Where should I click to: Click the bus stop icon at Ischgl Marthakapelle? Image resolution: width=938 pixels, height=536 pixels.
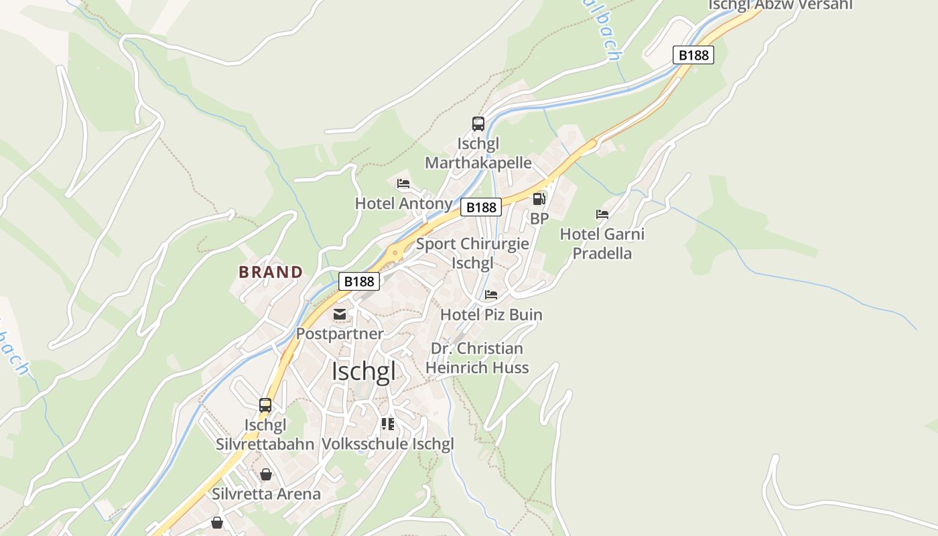478,124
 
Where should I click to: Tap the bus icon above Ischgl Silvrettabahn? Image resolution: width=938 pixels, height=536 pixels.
265,405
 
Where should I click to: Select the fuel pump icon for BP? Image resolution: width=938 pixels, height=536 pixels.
539,199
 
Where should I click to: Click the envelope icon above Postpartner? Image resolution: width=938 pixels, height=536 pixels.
340,314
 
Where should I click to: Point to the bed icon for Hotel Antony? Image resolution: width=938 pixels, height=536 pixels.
403,184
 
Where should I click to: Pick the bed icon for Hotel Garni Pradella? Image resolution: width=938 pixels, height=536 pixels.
602,214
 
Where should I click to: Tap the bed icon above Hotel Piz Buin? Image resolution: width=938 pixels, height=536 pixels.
491,295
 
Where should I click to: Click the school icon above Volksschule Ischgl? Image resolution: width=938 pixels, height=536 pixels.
388,424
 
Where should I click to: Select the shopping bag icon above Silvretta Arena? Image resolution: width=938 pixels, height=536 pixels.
266,474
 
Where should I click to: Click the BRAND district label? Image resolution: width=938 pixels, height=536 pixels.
271,272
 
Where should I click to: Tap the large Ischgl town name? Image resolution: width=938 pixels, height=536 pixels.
364,371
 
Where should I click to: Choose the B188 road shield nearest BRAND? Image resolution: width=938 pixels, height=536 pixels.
358,281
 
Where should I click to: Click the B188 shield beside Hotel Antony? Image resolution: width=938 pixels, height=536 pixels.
481,208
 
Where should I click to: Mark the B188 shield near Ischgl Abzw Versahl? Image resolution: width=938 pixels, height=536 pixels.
693,55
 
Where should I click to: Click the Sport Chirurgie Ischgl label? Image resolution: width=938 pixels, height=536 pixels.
472,253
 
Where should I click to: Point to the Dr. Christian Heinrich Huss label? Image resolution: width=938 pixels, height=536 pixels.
476,358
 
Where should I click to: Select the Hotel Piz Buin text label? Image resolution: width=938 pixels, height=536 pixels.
491,315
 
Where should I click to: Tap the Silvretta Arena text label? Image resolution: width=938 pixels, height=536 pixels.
266,494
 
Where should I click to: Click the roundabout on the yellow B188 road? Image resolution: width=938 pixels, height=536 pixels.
395,253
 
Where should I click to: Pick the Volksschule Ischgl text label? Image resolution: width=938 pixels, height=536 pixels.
388,444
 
